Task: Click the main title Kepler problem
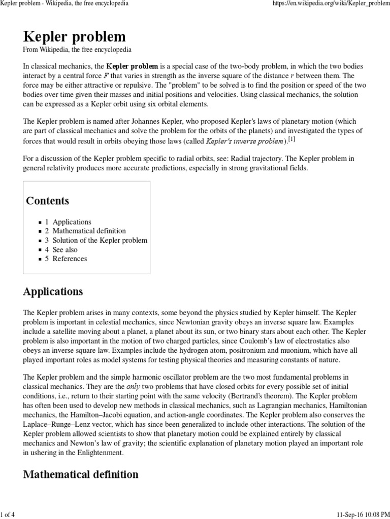coord(75,36)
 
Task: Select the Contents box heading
coord(48,201)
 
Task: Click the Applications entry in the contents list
coord(72,222)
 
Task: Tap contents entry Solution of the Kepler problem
coord(100,240)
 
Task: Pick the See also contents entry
coord(65,249)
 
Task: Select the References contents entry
coord(70,258)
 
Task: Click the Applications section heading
coord(53,292)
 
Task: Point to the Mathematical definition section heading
coord(81,474)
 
